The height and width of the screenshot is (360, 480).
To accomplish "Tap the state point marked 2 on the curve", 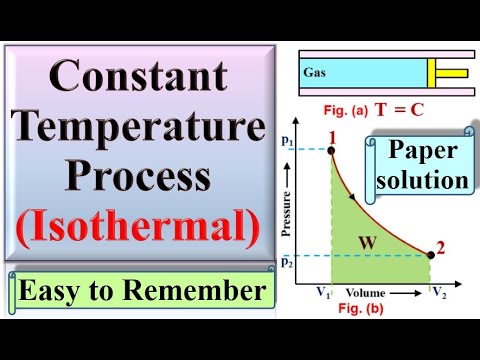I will (431, 255).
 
